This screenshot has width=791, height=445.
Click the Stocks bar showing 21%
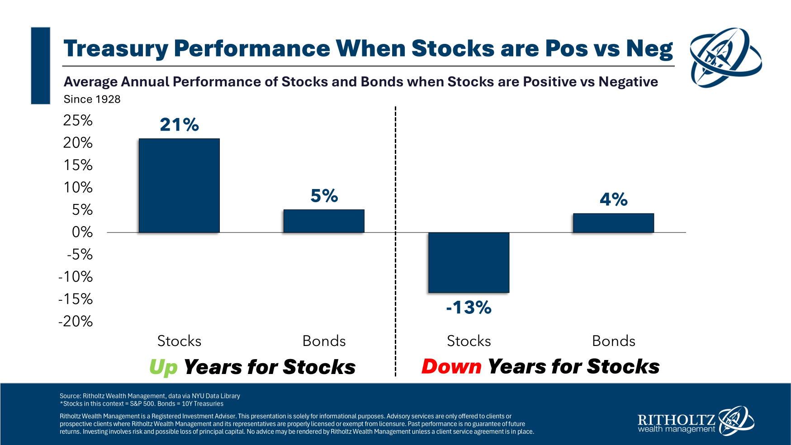(x=179, y=185)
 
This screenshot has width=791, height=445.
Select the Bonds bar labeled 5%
(x=324, y=221)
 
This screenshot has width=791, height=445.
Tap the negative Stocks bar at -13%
(x=469, y=262)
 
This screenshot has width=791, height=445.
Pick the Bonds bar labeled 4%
(x=613, y=223)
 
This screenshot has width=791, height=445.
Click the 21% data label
(x=179, y=125)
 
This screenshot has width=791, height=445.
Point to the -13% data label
(x=469, y=308)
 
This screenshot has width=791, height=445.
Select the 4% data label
(x=613, y=199)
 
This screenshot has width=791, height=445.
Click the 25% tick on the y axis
(x=78, y=120)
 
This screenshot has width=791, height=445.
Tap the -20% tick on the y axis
(x=76, y=322)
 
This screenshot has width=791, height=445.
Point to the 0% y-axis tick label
(x=82, y=232)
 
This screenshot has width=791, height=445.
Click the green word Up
(x=163, y=367)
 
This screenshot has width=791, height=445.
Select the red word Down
(x=451, y=366)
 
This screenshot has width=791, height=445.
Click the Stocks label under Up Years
(x=179, y=341)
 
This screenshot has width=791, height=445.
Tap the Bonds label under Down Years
(x=613, y=341)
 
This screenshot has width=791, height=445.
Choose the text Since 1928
(x=92, y=99)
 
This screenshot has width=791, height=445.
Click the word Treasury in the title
(x=115, y=48)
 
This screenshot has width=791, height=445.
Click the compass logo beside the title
(x=725, y=57)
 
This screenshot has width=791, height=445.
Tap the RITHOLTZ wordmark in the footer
(x=676, y=420)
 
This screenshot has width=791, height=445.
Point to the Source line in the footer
(x=150, y=396)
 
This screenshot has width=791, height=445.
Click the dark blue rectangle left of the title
(x=41, y=66)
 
